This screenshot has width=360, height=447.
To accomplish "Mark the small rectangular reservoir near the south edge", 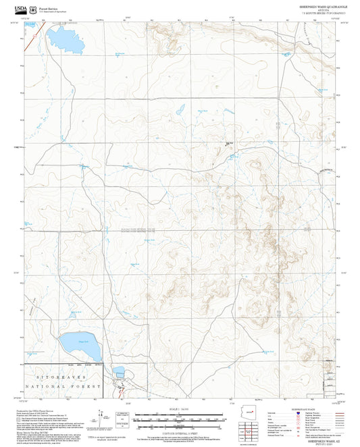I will coord(120,371).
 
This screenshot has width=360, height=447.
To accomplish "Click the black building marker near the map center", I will coord(228,143).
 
